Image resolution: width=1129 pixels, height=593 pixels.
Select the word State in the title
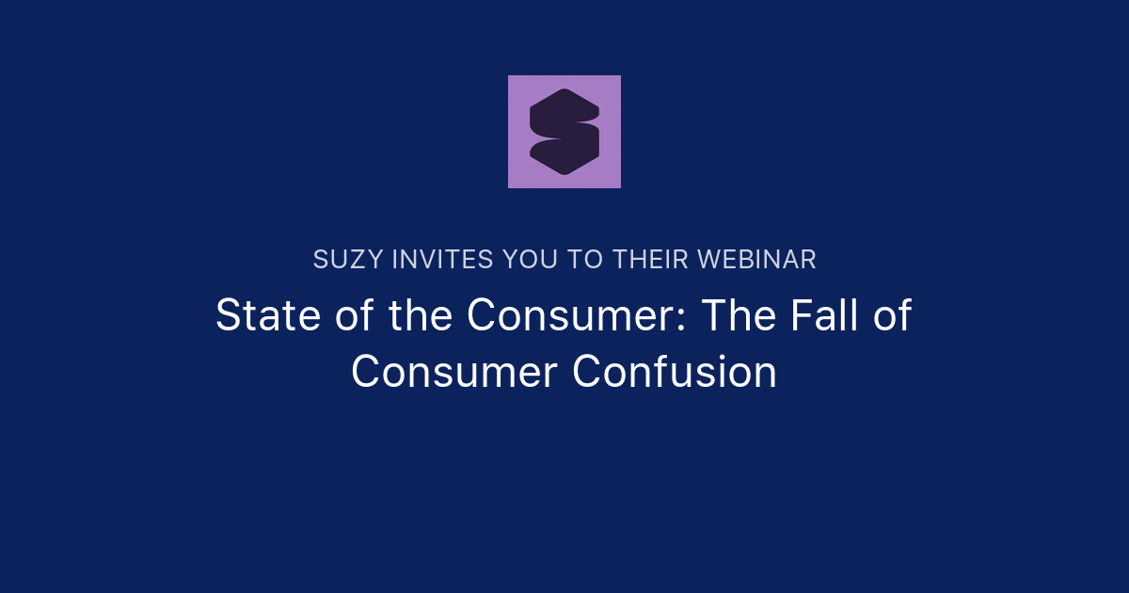259,315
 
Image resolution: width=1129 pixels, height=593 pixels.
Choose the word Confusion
675,372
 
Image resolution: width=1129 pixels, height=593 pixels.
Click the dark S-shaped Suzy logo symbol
564,132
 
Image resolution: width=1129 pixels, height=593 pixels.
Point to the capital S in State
228,315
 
